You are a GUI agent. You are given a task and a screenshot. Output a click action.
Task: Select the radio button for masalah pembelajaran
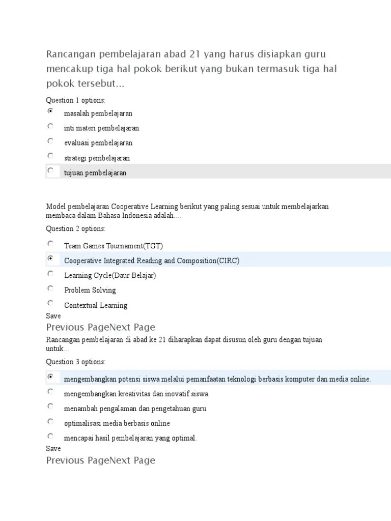[x=50, y=111]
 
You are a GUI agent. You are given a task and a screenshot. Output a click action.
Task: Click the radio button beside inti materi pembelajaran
[x=50, y=126]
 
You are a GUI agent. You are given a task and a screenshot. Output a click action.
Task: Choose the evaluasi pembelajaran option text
[x=98, y=143]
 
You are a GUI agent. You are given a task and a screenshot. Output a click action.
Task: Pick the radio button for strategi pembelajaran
[x=50, y=156]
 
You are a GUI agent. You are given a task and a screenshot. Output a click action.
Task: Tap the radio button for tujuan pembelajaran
[x=50, y=171]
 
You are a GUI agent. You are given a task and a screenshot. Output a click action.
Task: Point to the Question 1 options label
[x=76, y=100]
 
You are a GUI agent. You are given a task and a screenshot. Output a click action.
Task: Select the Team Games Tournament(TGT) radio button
[x=50, y=244]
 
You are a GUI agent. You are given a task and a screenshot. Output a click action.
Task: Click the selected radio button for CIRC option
[x=50, y=258]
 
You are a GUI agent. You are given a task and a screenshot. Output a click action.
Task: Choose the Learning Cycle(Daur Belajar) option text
[x=110, y=275]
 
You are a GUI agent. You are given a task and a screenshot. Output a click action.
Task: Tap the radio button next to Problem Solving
[x=50, y=288]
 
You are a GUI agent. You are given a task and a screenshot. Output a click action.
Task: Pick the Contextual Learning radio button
[x=50, y=303]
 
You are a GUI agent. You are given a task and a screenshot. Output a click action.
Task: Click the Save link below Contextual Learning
[x=53, y=316]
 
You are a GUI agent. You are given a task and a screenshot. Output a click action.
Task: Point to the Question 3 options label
[x=76, y=362]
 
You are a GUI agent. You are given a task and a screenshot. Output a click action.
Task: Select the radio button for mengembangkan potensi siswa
[x=50, y=377]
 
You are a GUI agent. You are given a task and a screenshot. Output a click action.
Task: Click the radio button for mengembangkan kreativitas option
[x=50, y=391]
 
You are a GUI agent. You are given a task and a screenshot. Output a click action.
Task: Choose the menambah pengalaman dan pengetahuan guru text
[x=135, y=409]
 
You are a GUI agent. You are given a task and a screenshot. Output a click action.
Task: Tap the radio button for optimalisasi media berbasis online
[x=50, y=421]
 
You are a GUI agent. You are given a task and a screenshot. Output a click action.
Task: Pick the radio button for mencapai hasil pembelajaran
[x=50, y=436]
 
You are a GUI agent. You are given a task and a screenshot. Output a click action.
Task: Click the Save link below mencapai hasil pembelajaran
[x=53, y=449]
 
